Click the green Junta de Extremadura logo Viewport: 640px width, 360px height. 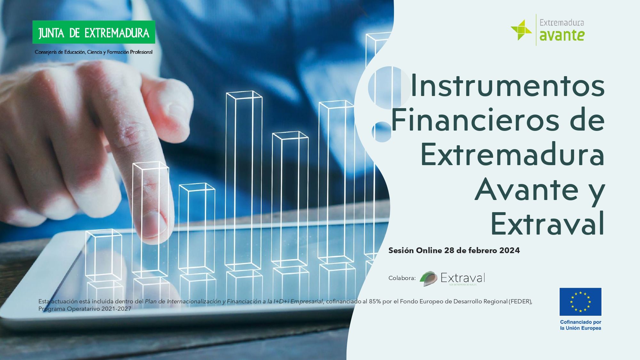tap(94, 32)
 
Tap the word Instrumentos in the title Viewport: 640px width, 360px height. tap(508, 85)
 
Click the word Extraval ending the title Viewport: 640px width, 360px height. tap(548, 223)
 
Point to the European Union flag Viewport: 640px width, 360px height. tap(580, 302)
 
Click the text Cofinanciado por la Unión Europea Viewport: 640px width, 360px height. tap(580, 325)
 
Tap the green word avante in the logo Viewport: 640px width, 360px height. tap(562, 35)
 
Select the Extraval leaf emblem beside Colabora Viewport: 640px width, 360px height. tap(428, 278)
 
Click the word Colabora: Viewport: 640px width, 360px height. tap(402, 278)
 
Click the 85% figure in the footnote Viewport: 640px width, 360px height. tap(375, 301)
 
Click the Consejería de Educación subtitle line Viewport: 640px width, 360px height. tap(94, 52)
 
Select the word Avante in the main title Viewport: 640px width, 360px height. tap(527, 189)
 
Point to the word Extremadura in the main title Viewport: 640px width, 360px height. tap(513, 154)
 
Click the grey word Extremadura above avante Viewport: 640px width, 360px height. tap(562, 22)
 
